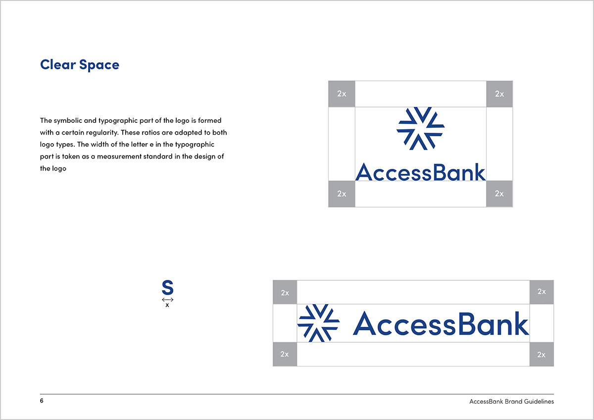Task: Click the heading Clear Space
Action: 80,65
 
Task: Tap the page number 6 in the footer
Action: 42,401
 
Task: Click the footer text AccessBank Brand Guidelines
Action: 511,402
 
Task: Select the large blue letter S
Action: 168,287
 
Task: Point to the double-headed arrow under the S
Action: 168,300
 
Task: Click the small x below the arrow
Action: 167,305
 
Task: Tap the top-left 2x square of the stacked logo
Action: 342,94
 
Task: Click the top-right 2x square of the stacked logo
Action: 499,94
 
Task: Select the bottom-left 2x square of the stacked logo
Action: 342,194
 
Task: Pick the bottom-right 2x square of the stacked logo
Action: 499,194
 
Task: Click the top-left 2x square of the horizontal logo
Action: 285,292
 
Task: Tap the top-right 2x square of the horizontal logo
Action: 542,292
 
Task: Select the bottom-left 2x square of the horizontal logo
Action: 285,354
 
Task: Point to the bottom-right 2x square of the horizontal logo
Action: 542,354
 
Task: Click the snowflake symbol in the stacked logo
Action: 421,128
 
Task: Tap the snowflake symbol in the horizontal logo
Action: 318,323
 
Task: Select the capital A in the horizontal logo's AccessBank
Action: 364,323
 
